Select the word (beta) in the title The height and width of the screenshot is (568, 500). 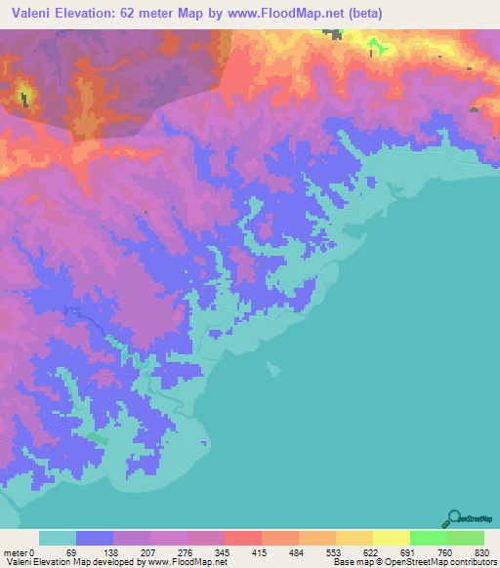[360, 13]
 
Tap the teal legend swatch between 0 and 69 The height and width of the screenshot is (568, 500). [58, 539]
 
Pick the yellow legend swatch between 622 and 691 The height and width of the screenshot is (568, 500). [391, 539]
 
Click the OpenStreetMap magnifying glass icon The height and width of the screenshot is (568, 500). [452, 519]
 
